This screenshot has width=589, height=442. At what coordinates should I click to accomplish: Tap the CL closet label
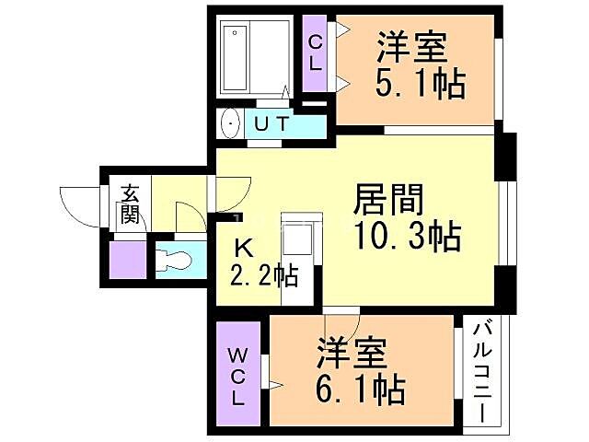[315, 52]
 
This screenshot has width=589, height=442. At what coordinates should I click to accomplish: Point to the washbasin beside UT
[228, 123]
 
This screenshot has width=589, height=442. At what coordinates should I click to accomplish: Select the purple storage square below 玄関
[127, 260]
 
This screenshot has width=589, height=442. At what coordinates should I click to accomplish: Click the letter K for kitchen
[243, 247]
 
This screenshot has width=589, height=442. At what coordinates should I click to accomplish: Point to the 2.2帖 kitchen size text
[264, 274]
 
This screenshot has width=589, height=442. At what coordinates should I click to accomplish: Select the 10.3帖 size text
[407, 238]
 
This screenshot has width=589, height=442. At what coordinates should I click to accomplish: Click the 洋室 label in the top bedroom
[411, 46]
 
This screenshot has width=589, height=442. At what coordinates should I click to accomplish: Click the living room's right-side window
[505, 221]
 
